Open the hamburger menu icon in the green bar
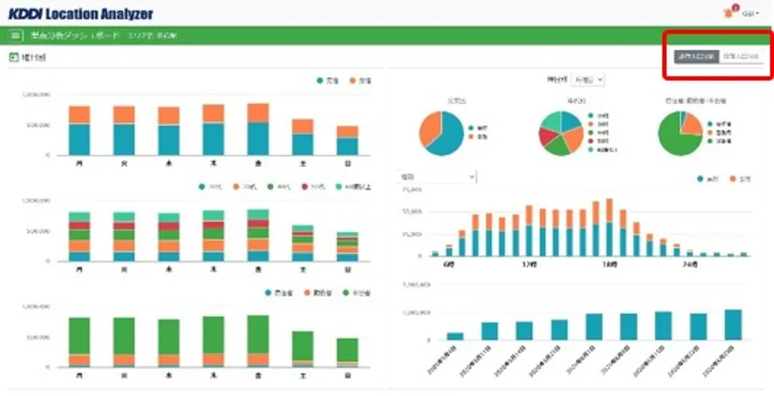coord(15,36)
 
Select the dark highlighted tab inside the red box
coord(695,57)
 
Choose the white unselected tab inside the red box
coord(740,57)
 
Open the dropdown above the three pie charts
coord(588,80)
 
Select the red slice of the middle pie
coord(550,141)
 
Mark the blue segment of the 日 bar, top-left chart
coord(347,146)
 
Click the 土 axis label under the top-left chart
coord(302,163)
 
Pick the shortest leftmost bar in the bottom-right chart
coord(455,336)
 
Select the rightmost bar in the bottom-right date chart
coord(733,325)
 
